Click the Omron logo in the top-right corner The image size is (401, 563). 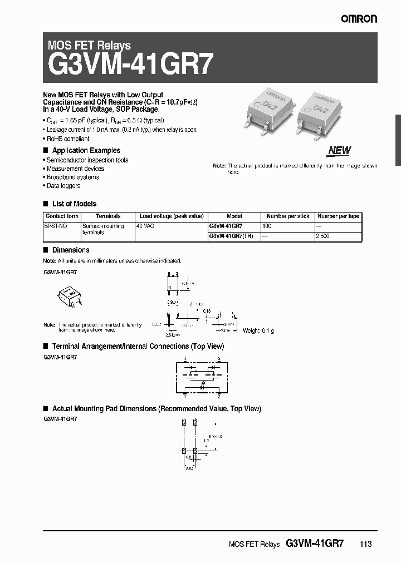click(x=359, y=19)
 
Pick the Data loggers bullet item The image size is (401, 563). click(x=63, y=186)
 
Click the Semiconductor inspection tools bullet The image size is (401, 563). click(x=87, y=160)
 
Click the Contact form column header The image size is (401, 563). click(x=62, y=216)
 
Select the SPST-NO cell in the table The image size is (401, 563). click(x=55, y=226)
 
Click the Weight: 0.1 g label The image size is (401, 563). click(x=258, y=330)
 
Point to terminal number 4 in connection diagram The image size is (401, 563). click(x=185, y=360)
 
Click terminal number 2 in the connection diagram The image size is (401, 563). click(x=219, y=397)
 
